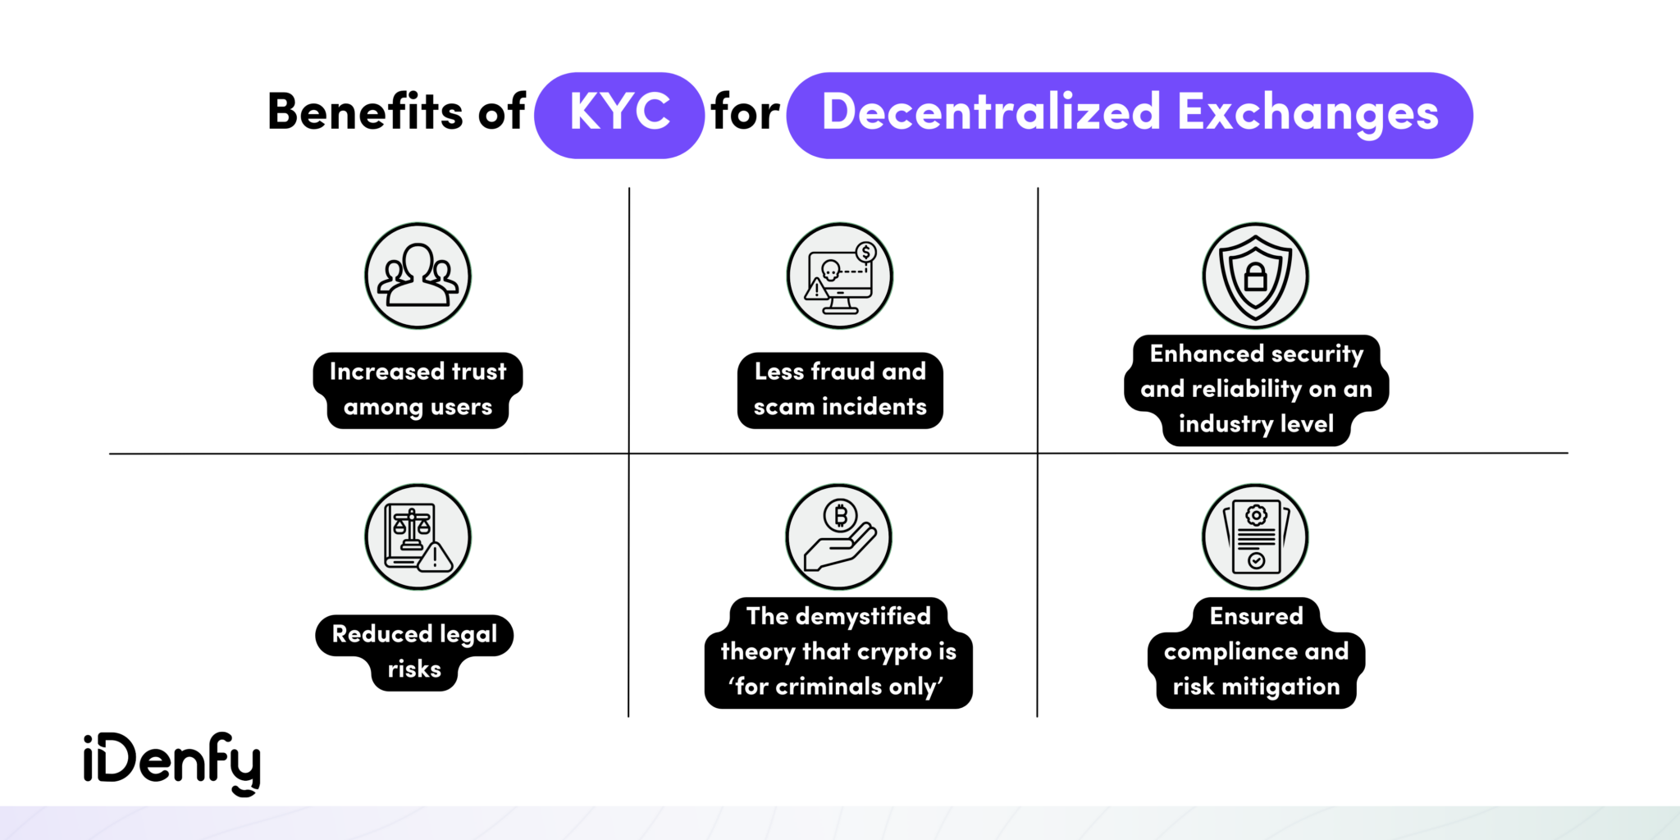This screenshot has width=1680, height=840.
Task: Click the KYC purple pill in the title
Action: coord(619,114)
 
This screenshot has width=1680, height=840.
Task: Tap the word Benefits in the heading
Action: coord(366,112)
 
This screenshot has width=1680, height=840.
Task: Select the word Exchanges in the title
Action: coord(1308,112)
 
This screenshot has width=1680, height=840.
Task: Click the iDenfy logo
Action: coord(172,762)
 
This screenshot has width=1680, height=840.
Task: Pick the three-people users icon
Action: coord(418,276)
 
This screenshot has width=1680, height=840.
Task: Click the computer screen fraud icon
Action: coord(839,276)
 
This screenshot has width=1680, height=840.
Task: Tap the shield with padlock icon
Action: coord(1255,276)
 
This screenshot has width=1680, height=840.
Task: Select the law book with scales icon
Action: coord(418,536)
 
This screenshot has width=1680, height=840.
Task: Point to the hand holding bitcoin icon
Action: coord(838,536)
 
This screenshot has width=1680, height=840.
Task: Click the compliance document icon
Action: coord(1255,536)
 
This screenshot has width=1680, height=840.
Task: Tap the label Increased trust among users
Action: coord(418,390)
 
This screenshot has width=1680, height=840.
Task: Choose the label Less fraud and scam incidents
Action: coord(840,390)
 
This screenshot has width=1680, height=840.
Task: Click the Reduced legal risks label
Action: coord(414,651)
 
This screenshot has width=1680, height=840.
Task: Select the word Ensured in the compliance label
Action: coord(1256,616)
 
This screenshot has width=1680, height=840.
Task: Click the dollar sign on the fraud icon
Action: coord(865,253)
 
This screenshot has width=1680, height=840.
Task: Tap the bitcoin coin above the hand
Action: coord(840,516)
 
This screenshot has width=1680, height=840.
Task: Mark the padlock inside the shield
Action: coord(1256,276)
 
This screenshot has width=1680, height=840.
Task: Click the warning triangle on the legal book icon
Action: coord(435,558)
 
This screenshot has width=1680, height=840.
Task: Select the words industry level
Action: coord(1256,424)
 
